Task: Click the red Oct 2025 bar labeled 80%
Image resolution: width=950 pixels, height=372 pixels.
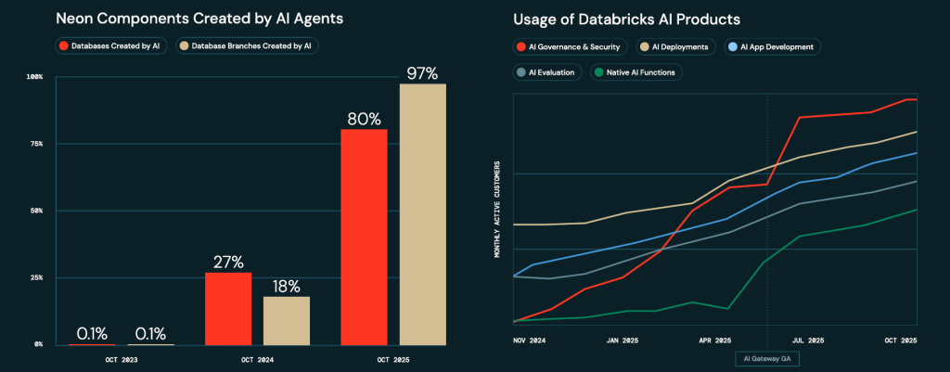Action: (364, 237)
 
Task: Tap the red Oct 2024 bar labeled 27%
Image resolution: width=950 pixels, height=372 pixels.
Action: (228, 308)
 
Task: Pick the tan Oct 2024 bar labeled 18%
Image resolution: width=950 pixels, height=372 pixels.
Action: (287, 320)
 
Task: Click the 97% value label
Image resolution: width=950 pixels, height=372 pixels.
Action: (422, 72)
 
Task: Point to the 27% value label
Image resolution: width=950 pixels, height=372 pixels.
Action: (228, 262)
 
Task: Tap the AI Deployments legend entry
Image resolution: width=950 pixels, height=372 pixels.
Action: (675, 46)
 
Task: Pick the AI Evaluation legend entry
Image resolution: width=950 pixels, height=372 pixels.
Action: (548, 71)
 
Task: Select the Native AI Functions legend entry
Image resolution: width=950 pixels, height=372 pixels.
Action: (635, 71)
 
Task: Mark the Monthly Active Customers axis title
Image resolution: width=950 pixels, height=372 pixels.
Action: (497, 211)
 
